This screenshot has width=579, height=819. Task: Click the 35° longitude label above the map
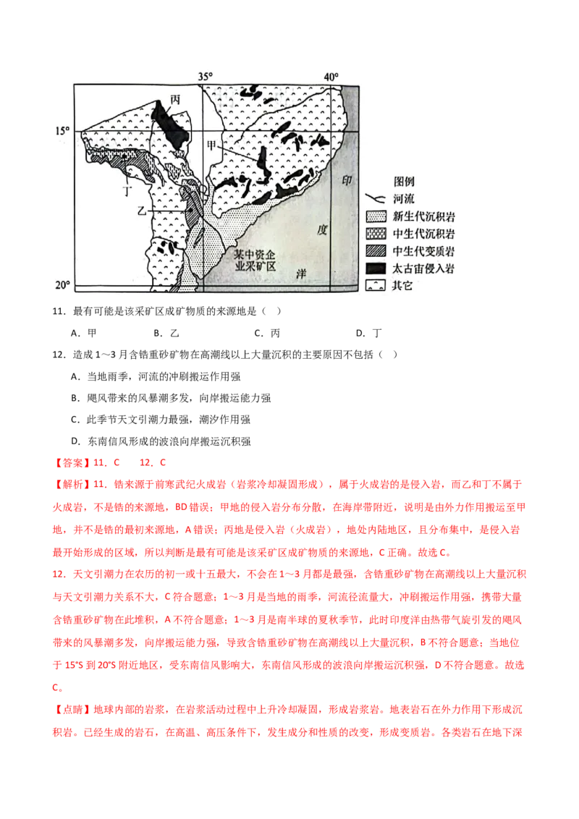(x=206, y=76)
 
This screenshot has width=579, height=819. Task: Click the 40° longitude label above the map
(x=331, y=77)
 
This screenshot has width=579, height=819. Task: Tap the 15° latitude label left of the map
(x=62, y=130)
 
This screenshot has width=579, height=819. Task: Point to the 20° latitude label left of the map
(x=62, y=285)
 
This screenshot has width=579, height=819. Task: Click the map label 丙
(x=175, y=99)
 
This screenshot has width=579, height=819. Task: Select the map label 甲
(x=211, y=145)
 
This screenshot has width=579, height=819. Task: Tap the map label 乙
(x=142, y=211)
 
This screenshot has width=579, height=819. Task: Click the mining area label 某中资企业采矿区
(x=255, y=260)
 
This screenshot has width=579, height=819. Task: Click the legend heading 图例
(x=404, y=182)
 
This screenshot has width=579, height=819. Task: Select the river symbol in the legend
(x=375, y=198)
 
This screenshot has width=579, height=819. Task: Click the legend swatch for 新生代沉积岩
(x=376, y=216)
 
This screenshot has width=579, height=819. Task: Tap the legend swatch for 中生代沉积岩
(x=376, y=234)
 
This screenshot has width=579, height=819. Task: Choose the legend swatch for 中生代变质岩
(x=376, y=251)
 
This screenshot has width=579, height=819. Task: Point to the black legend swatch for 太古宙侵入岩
(x=376, y=268)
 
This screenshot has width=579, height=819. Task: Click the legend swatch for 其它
(x=376, y=285)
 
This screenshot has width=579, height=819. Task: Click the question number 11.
(x=59, y=311)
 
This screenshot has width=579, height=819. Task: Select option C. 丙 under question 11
(x=267, y=333)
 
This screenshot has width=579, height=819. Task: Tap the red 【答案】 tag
(x=72, y=463)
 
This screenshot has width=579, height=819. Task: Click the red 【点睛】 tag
(x=72, y=709)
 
